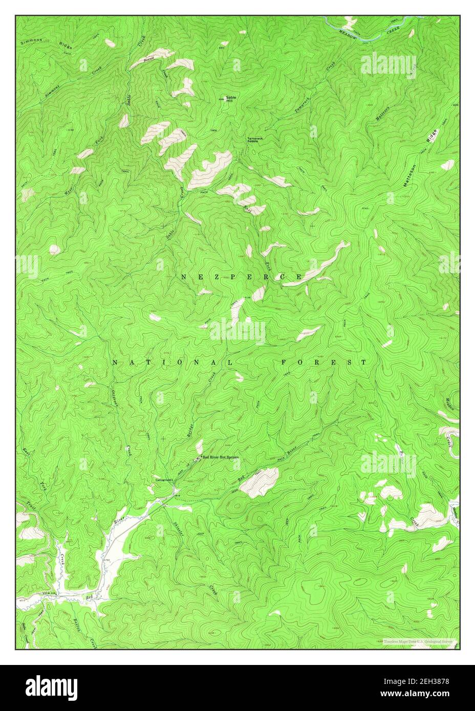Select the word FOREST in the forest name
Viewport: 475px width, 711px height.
pos(324,362)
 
